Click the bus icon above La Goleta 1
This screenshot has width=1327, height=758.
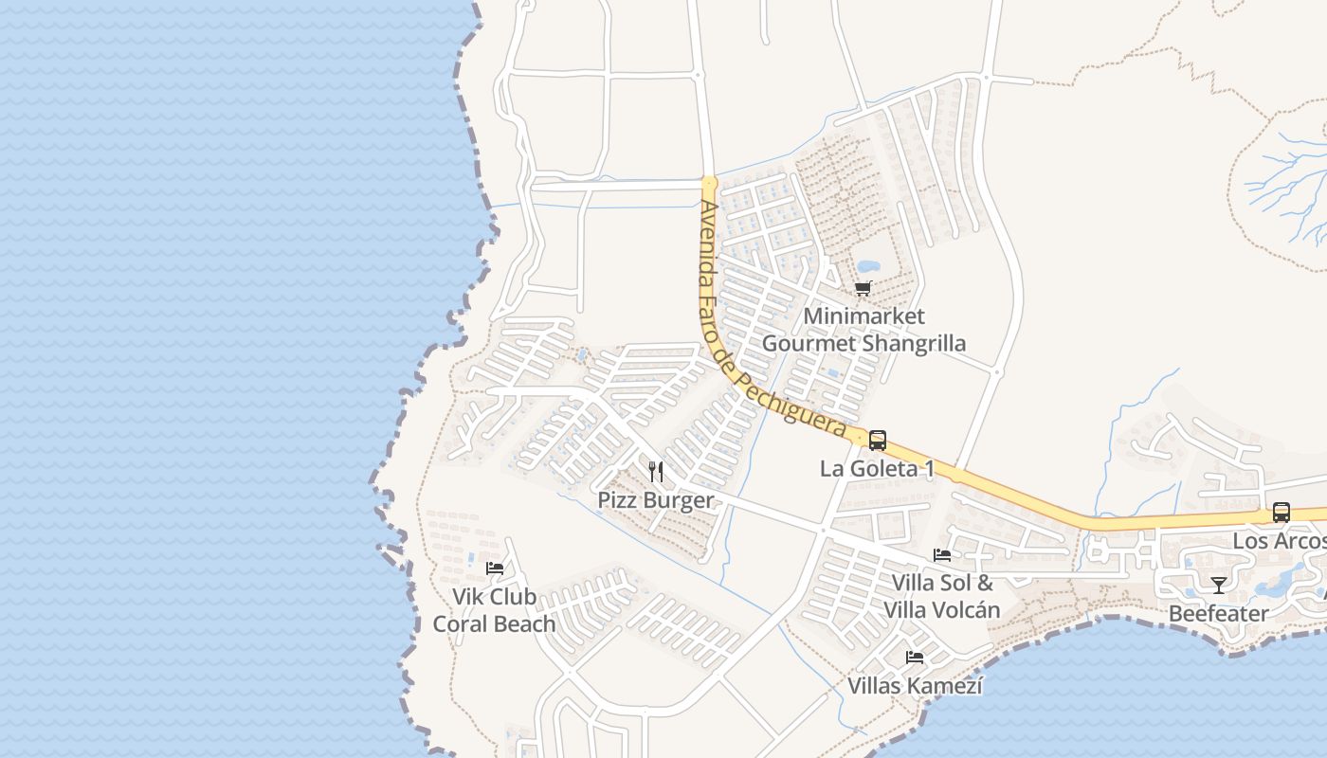[878, 440]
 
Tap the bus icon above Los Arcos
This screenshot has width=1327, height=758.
[1282, 513]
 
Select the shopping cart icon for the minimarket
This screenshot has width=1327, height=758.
[863, 288]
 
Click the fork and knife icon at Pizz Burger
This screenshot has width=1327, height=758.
[655, 471]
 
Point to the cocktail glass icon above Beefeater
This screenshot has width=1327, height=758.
[1218, 585]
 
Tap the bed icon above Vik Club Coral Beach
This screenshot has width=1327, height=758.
[494, 568]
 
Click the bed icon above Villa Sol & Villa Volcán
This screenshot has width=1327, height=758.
[941, 555]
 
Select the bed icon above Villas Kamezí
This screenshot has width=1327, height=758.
[915, 657]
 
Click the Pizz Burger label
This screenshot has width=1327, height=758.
[655, 500]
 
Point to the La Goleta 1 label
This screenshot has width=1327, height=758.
[877, 469]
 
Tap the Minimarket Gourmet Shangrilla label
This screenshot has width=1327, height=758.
[863, 330]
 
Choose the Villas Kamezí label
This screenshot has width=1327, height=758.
[915, 686]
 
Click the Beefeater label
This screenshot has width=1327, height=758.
[1218, 614]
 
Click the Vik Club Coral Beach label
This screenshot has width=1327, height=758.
[494, 610]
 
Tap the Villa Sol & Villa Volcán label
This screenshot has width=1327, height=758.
[941, 596]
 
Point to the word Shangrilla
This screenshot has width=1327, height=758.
[916, 343]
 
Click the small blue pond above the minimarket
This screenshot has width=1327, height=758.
[867, 266]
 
